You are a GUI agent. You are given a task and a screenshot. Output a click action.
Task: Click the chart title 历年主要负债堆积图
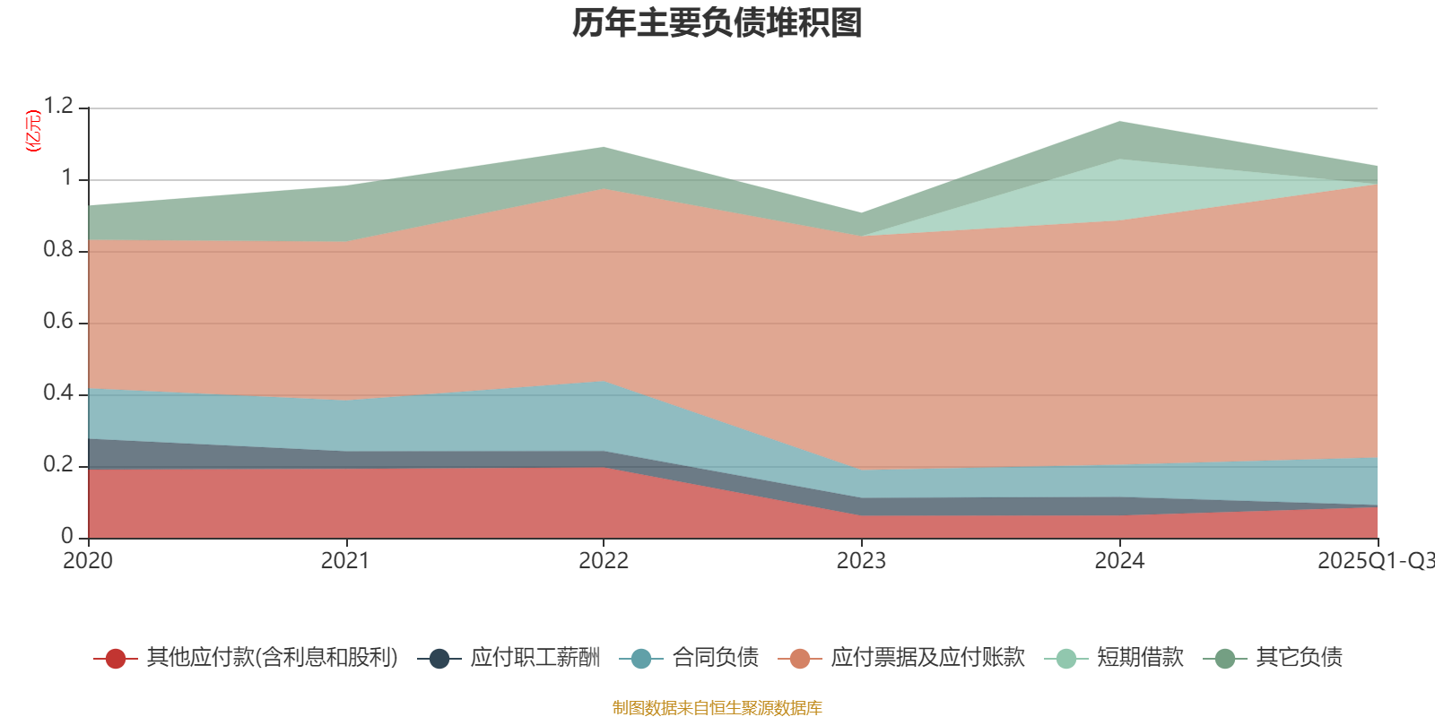point(717,23)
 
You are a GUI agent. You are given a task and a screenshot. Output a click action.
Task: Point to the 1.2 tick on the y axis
point(57,107)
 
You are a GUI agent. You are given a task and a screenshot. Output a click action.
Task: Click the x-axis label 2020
point(88,561)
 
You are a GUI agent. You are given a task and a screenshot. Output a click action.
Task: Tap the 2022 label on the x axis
point(604,561)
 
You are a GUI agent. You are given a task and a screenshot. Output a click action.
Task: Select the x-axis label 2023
point(861,561)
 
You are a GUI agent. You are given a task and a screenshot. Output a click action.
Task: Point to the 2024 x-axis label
point(1119,561)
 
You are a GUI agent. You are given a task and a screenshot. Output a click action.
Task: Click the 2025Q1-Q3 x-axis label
point(1374,561)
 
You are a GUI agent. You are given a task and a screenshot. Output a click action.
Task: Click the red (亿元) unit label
point(33,131)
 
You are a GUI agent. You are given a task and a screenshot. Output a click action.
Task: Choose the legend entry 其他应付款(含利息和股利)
point(272,658)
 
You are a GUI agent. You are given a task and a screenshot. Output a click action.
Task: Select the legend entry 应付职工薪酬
point(535,658)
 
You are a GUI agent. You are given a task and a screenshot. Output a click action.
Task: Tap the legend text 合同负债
point(715,658)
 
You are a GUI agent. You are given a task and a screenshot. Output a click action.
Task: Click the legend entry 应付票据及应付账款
point(927,658)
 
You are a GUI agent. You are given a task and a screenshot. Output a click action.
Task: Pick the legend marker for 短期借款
point(1066,659)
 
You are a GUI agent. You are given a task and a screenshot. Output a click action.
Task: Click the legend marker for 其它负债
point(1225,659)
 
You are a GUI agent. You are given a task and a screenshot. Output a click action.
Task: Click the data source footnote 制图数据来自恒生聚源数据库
point(717,708)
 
